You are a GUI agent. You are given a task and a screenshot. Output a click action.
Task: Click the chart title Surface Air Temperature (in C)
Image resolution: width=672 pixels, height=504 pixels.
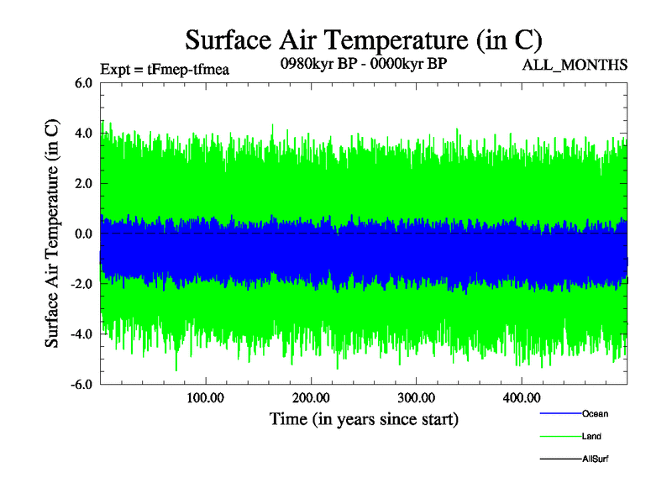coord(364,39)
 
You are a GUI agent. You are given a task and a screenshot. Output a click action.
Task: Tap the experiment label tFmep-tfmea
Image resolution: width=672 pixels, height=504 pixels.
coord(164,70)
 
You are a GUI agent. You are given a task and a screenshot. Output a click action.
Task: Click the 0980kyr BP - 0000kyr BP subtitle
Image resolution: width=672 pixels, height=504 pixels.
coord(362,63)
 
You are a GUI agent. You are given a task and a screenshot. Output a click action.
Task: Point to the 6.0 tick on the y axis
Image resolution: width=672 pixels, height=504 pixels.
coord(83,82)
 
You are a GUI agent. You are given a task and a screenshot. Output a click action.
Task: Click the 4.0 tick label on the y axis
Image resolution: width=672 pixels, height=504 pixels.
coord(83,133)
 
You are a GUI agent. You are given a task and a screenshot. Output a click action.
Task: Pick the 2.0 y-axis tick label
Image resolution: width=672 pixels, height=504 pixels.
coord(83,183)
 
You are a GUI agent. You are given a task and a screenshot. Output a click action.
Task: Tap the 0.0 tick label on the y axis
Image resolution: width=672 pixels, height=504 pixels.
coord(83,234)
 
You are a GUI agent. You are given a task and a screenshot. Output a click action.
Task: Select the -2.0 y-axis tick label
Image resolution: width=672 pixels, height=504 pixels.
coord(81,284)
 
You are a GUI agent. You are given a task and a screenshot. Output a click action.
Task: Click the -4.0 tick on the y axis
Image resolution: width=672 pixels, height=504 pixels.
coord(81,334)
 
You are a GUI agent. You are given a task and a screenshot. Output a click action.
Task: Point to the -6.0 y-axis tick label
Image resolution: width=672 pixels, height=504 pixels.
coord(81,385)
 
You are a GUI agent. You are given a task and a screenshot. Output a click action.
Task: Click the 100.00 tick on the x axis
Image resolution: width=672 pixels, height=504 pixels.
coord(206,397)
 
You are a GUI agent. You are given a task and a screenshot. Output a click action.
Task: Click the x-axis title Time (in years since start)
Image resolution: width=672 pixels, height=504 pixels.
coord(364,418)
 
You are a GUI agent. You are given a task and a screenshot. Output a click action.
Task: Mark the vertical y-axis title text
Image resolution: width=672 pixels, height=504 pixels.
coord(52,234)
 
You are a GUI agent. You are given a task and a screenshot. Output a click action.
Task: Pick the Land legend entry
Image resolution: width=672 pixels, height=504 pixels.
coord(591,437)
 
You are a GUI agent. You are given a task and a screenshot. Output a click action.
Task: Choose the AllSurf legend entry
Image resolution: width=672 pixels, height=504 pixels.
coord(595,459)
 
